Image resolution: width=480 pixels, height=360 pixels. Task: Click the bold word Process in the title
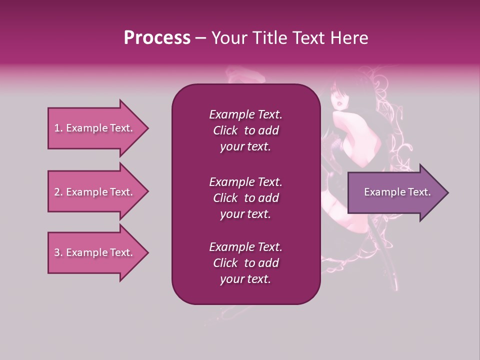(157, 38)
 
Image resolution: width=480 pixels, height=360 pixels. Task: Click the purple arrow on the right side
(395, 192)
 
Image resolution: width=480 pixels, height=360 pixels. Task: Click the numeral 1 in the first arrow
(56, 128)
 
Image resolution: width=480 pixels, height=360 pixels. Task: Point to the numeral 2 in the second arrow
(56, 192)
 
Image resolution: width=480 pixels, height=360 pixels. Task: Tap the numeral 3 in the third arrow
(56, 252)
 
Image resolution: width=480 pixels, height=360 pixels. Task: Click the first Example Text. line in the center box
(245, 114)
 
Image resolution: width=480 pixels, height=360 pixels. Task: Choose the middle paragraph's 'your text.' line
(245, 214)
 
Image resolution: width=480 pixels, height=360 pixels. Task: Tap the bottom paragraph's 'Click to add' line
(245, 263)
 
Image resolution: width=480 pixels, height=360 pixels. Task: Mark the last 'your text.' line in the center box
(245, 279)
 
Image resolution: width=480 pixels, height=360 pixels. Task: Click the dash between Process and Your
(201, 38)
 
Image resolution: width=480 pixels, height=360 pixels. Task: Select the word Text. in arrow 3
(120, 252)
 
